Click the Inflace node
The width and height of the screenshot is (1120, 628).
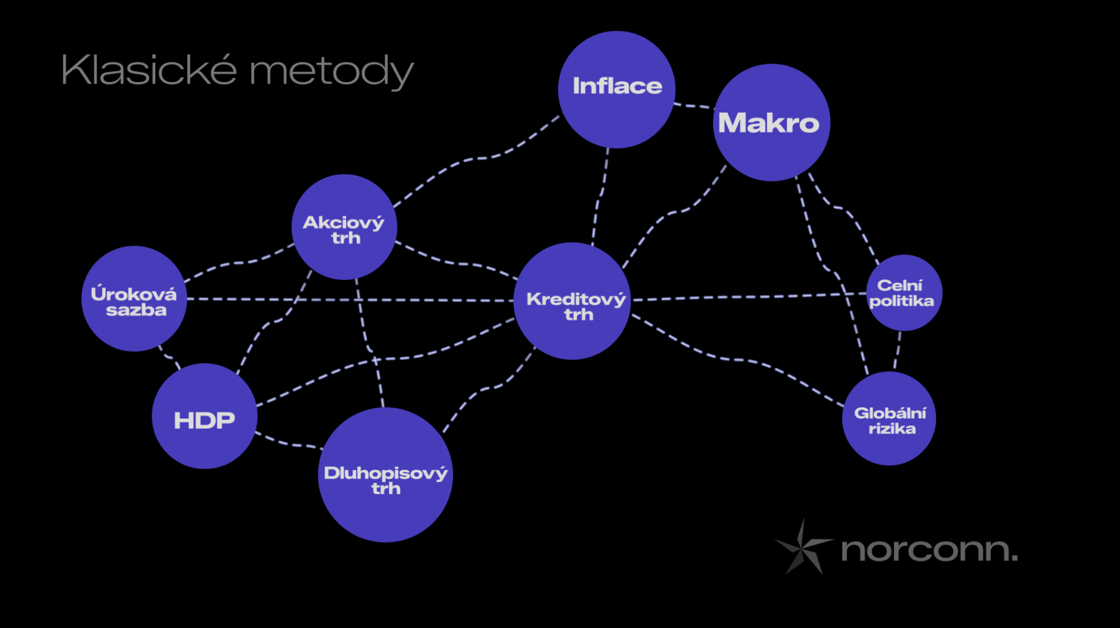pyautogui.click(x=617, y=90)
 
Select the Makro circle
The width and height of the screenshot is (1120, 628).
pyautogui.click(x=771, y=122)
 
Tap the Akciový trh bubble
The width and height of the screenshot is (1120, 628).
pyautogui.click(x=344, y=227)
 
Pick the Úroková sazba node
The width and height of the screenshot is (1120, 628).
pyautogui.click(x=134, y=298)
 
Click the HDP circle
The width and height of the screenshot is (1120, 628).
pyautogui.click(x=204, y=416)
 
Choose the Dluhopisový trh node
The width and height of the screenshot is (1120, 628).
pyautogui.click(x=385, y=474)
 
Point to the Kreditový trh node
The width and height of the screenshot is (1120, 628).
pyautogui.click(x=572, y=301)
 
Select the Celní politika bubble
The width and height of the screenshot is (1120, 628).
pyautogui.click(x=904, y=293)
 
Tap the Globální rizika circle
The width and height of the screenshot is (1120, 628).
pyautogui.click(x=889, y=418)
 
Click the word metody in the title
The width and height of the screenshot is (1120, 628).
pyautogui.click(x=332, y=72)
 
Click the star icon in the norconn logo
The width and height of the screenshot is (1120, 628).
pyautogui.click(x=802, y=547)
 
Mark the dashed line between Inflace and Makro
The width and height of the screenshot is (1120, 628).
pyautogui.click(x=694, y=106)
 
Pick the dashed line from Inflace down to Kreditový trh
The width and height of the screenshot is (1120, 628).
pyautogui.click(x=599, y=196)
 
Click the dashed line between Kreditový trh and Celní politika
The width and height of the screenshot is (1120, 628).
pyautogui.click(x=749, y=297)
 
